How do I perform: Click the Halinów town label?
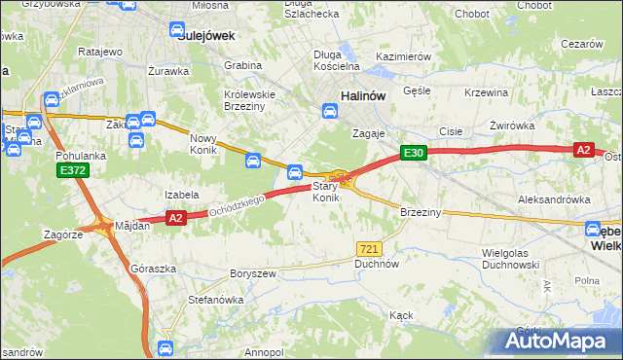(365, 95)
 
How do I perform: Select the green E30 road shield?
(413, 153)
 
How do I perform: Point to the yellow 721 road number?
(368, 249)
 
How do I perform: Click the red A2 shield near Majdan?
(175, 219)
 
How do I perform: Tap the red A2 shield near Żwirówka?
(583, 150)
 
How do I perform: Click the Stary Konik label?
(325, 192)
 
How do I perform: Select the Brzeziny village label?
(421, 212)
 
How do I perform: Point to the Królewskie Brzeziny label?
(251, 101)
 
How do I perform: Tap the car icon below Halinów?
(331, 113)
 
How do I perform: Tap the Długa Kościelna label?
(337, 60)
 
